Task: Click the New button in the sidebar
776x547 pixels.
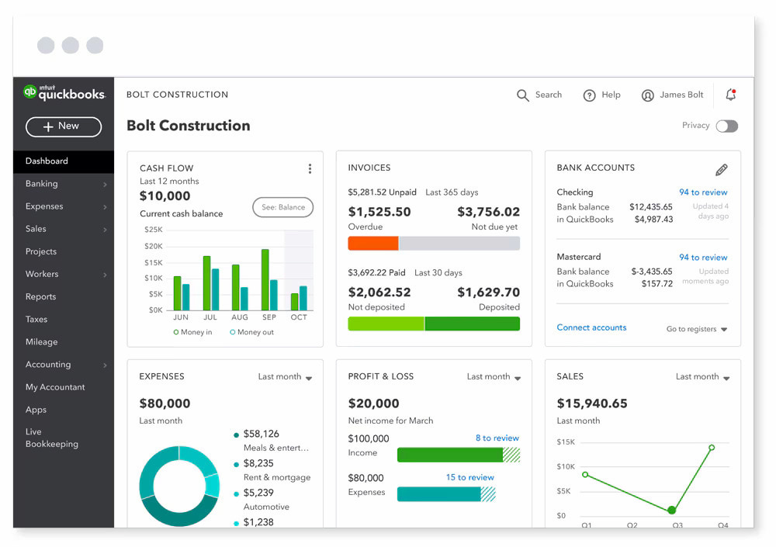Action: [64, 126]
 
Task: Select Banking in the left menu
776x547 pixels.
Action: [42, 184]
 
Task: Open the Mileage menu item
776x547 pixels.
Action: [42, 341]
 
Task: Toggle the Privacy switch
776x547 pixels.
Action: [726, 126]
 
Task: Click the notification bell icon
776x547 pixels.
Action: [730, 95]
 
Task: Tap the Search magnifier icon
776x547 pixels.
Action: [523, 95]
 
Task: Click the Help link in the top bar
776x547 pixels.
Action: [602, 95]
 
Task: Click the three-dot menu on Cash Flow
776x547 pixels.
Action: [310, 168]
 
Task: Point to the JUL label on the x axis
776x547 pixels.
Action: [210, 317]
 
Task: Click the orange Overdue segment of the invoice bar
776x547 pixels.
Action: [372, 244]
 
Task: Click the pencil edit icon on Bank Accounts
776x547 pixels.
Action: [721, 170]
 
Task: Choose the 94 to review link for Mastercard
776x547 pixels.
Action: [703, 258]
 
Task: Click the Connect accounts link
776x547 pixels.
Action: [591, 327]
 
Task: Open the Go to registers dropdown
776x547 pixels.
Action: [697, 329]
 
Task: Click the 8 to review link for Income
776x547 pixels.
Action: [497, 438]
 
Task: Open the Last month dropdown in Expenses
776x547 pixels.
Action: [285, 377]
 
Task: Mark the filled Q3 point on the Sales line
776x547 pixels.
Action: [672, 511]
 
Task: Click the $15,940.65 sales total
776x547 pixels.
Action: [592, 403]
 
